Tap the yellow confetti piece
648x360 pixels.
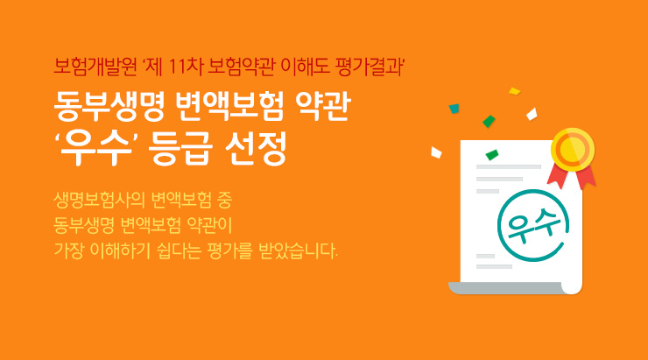point(515,89)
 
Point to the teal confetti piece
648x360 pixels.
point(454,109)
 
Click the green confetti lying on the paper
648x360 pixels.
point(491,155)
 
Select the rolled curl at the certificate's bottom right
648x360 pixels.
point(571,286)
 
